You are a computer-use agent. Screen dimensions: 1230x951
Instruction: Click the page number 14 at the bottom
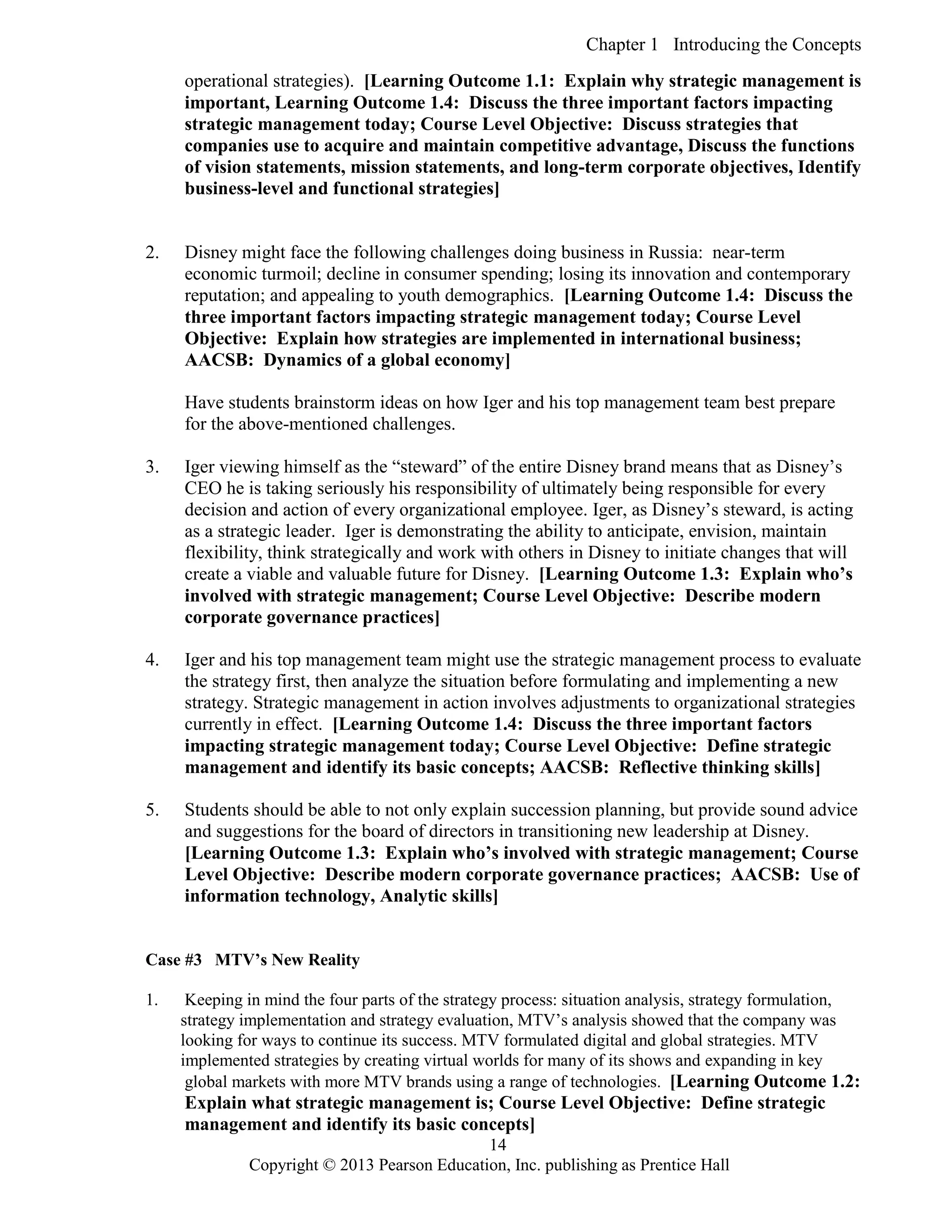click(x=498, y=1145)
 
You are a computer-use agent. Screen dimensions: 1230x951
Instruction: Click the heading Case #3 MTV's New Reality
click(x=253, y=960)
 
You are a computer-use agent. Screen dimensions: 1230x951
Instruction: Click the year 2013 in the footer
click(x=357, y=1165)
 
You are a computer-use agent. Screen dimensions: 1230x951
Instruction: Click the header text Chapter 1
click(x=621, y=45)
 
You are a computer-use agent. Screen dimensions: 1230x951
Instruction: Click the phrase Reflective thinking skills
click(x=719, y=767)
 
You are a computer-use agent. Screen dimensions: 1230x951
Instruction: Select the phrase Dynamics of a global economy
click(x=386, y=360)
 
